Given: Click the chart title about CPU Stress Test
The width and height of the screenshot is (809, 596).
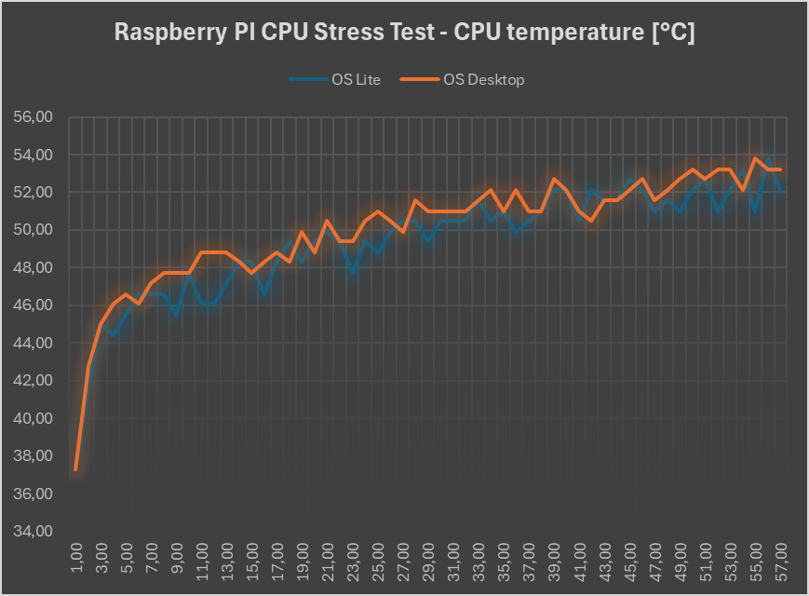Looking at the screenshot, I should (x=404, y=33).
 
